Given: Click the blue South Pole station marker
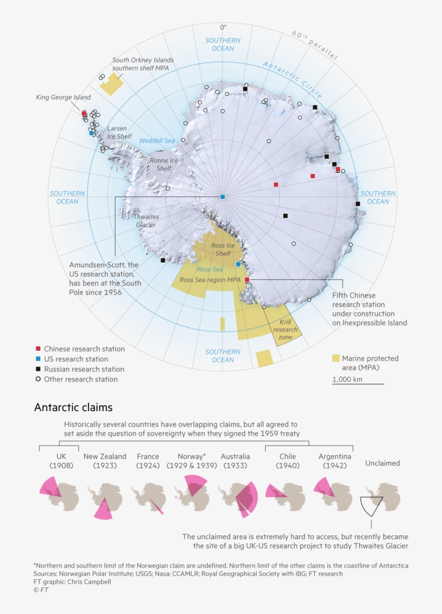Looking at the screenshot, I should pyautogui.click(x=223, y=197).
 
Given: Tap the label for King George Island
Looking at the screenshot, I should pyautogui.click(x=63, y=97).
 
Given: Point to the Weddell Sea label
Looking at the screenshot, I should pyautogui.click(x=157, y=140).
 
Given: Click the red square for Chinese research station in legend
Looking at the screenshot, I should pyautogui.click(x=38, y=349).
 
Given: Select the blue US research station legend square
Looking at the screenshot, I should pyautogui.click(x=38, y=359).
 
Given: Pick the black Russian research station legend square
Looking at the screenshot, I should pyautogui.click(x=38, y=369).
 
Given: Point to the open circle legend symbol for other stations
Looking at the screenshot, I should pyautogui.click(x=38, y=379).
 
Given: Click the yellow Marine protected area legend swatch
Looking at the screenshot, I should pyautogui.click(x=336, y=358).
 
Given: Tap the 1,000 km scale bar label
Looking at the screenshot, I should pyautogui.click(x=347, y=379).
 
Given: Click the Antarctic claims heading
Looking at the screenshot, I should pyautogui.click(x=73, y=407).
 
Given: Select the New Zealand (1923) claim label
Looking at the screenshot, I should pyautogui.click(x=105, y=461).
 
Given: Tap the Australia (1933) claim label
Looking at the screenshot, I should pyautogui.click(x=234, y=461).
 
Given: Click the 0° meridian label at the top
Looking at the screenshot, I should pyautogui.click(x=223, y=27).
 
